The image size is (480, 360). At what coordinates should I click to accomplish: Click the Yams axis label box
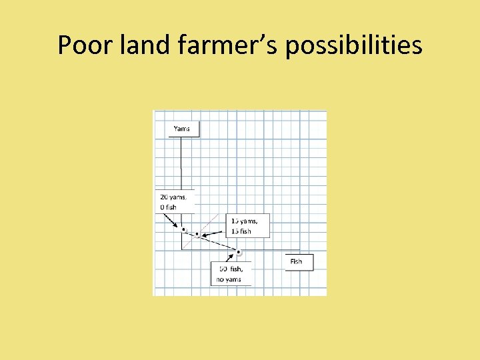tap(182, 128)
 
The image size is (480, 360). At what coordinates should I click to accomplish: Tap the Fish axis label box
tap(297, 261)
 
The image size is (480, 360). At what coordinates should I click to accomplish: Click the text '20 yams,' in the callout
tap(174, 197)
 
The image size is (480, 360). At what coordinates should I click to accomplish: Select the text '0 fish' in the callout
tap(169, 207)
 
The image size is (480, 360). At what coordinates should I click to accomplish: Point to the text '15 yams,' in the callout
tap(245, 221)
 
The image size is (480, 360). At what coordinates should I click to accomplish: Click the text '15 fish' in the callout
tap(241, 231)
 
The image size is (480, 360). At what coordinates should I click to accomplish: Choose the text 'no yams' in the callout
tap(229, 279)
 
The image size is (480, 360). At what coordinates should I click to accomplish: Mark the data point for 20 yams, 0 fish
tap(183, 230)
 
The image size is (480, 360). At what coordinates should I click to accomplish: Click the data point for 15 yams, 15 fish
tap(197, 235)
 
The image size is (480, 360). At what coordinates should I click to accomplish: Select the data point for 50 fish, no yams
tap(238, 252)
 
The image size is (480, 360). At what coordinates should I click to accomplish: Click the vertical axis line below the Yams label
tap(181, 167)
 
